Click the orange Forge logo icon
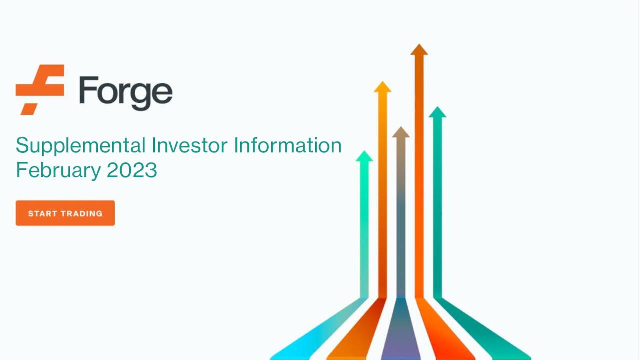pos(40,89)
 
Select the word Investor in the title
pos(190,146)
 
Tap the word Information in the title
pos(288,146)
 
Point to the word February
pos(59,170)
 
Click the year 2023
pos(132,170)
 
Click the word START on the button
pos(43,213)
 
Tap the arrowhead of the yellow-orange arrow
pos(382,87)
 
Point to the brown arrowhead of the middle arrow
pos(400,132)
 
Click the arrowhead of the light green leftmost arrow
pos(364,156)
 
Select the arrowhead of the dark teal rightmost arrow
pos(437,112)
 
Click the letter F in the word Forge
pos(88,90)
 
